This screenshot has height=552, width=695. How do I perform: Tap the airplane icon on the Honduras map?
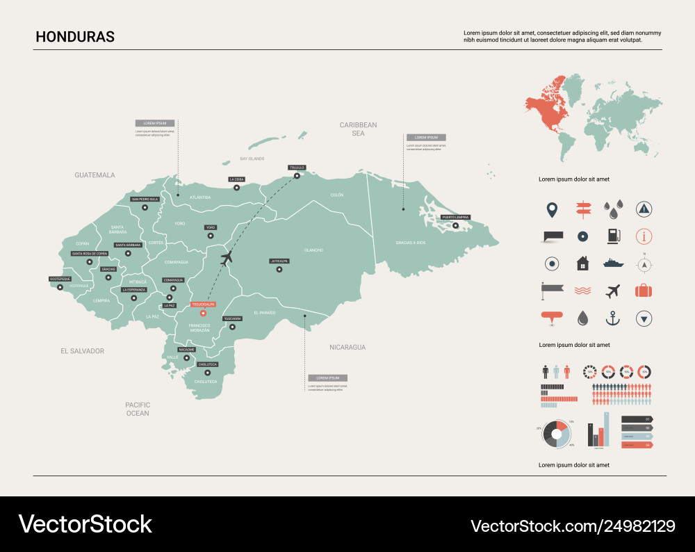pyautogui.click(x=226, y=259)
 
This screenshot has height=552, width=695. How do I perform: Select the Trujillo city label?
pyautogui.click(x=297, y=168)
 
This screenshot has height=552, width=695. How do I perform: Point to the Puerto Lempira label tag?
pyautogui.click(x=456, y=217)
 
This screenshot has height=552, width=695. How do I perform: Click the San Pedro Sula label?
pyautogui.click(x=145, y=199)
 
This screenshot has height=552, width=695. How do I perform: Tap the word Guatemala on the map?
pyautogui.click(x=95, y=175)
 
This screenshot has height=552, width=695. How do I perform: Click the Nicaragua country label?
pyautogui.click(x=347, y=347)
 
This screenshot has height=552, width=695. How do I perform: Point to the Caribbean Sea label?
pyautogui.click(x=358, y=129)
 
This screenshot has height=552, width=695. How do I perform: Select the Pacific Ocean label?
pyautogui.click(x=138, y=409)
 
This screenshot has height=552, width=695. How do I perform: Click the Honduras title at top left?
pyautogui.click(x=75, y=37)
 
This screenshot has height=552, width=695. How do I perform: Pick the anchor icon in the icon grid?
pyautogui.click(x=612, y=318)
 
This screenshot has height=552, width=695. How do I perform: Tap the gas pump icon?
pyautogui.click(x=612, y=236)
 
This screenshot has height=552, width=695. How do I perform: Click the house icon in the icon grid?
pyautogui.click(x=582, y=263)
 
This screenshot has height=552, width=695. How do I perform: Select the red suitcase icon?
pyautogui.click(x=644, y=291)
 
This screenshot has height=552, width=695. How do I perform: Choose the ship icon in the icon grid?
pyautogui.click(x=613, y=263)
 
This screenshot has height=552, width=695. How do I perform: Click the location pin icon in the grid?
pyautogui.click(x=552, y=209)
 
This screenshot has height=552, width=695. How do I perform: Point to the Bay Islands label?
pyautogui.click(x=252, y=159)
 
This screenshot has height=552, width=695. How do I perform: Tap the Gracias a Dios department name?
pyautogui.click(x=410, y=243)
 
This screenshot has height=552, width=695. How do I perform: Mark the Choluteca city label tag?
pyautogui.click(x=208, y=364)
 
